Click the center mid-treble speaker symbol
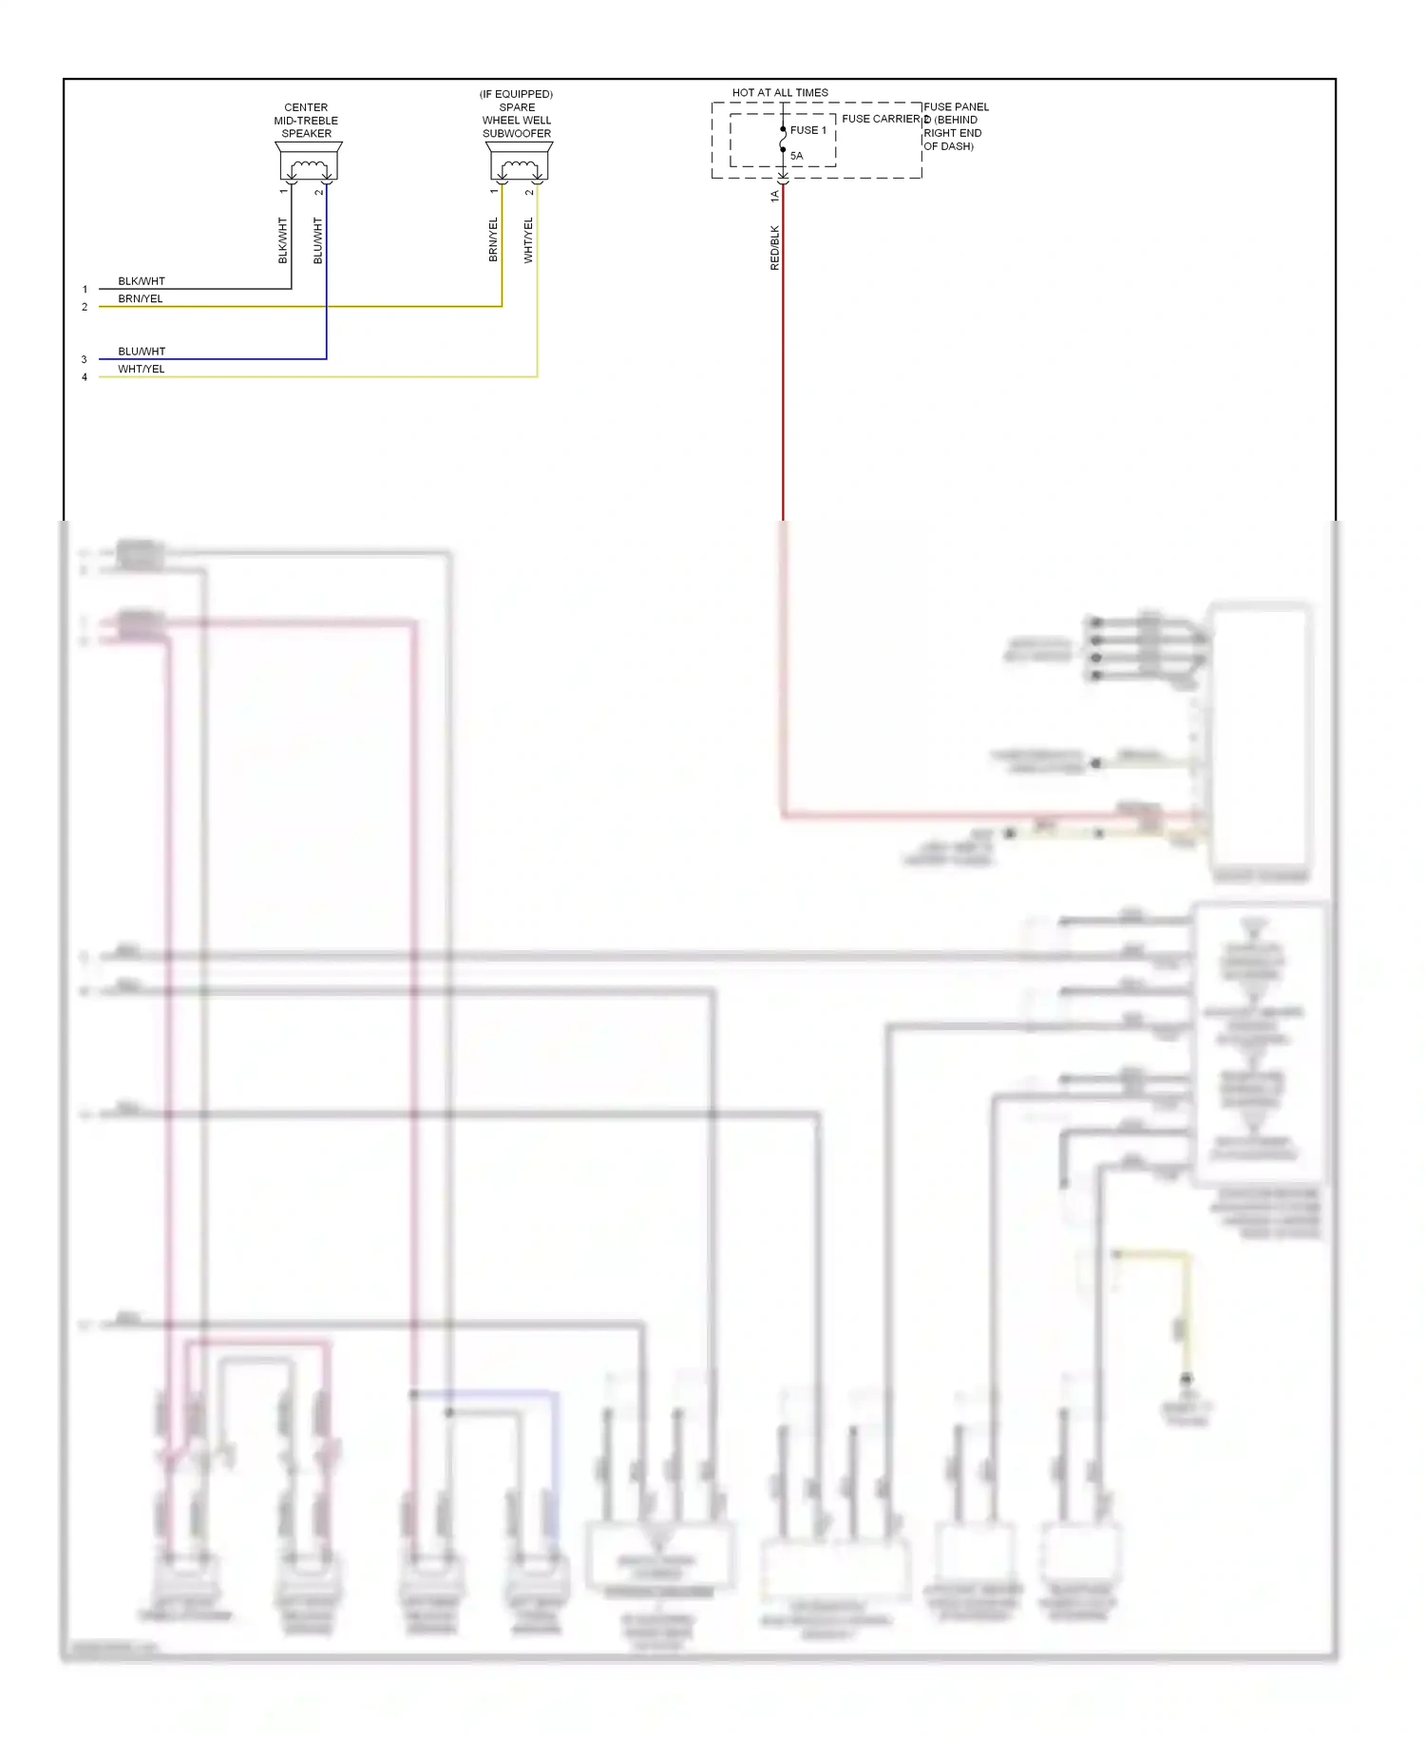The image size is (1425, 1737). pos(309,162)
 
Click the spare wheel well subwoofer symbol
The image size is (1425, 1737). pos(519,162)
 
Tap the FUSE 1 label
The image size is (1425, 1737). pos(808,130)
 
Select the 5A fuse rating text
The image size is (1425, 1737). pos(796,156)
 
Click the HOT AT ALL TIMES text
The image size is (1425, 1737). pos(780,93)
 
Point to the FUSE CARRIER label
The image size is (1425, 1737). pos(881,119)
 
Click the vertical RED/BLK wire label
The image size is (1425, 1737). pos(774,248)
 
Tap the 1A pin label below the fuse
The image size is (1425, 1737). pos(774,196)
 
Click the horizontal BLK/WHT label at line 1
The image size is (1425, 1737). pos(142,281)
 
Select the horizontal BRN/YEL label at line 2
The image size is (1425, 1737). pos(141,298)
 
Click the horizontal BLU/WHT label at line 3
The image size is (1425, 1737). pos(142,352)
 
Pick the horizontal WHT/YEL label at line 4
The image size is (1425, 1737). pos(142,369)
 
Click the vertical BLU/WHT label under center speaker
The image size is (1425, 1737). pos(318,240)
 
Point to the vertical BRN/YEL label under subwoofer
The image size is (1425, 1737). pos(493,240)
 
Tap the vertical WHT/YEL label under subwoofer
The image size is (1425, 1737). pos(528,240)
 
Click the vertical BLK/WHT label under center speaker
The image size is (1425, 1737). pos(282,240)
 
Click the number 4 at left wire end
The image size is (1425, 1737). pos(85,377)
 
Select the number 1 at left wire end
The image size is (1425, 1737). pos(85,289)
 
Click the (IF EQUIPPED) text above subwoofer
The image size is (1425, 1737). pos(516,94)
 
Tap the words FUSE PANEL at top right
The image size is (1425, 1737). pos(956,106)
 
